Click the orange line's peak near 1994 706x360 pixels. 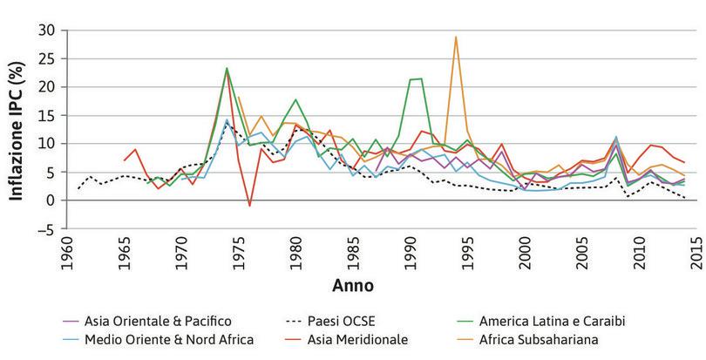pos(455,37)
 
